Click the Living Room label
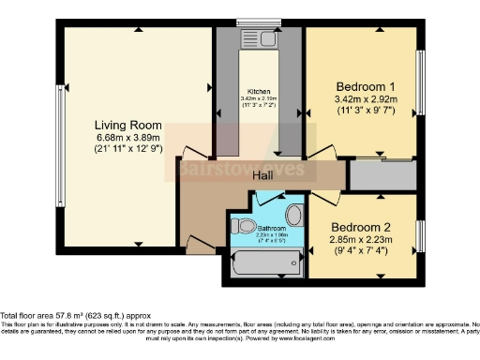[128, 125]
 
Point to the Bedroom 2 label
[361, 227]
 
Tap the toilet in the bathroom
[245, 227]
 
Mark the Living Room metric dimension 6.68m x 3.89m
[127, 137]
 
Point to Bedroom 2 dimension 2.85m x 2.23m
[361, 239]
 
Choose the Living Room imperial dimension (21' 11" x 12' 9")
[128, 148]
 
